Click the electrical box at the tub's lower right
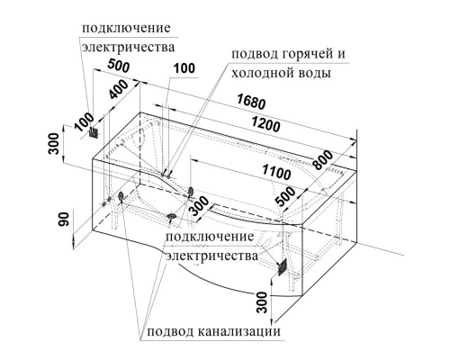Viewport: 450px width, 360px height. [x=282, y=265]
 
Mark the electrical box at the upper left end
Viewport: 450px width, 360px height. [x=94, y=132]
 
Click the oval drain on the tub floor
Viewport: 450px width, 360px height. [x=174, y=217]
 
